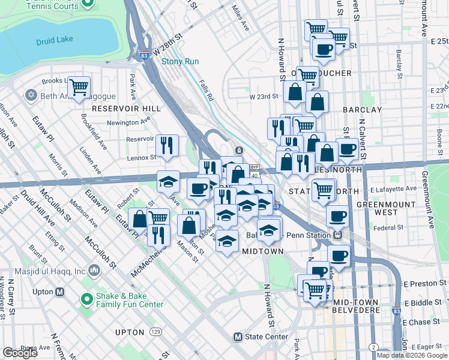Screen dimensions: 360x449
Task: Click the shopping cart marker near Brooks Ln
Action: (x=79, y=88)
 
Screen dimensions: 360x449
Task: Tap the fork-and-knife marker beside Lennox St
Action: (x=167, y=145)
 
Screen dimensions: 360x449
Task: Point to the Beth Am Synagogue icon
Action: (x=31, y=95)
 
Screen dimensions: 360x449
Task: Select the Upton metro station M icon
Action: (x=59, y=292)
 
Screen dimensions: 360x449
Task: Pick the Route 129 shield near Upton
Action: (x=155, y=332)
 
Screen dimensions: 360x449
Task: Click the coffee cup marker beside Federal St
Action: (x=337, y=216)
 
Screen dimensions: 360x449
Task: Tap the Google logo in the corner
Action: (x=20, y=353)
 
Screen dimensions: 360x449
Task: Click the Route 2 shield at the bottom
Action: (x=373, y=347)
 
